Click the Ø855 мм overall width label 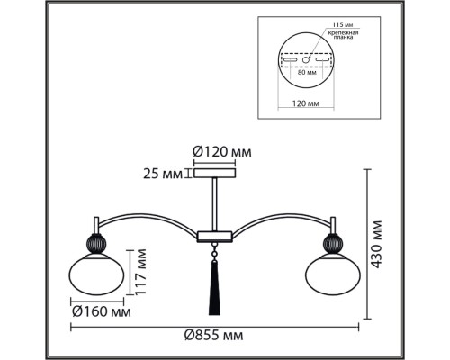213,335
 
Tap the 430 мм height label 376,244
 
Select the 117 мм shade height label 140,272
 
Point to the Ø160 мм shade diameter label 102,312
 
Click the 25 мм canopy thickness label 163,174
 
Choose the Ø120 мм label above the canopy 222,152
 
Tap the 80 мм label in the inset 307,72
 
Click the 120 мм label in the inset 306,103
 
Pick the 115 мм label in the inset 342,24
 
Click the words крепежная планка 343,35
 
